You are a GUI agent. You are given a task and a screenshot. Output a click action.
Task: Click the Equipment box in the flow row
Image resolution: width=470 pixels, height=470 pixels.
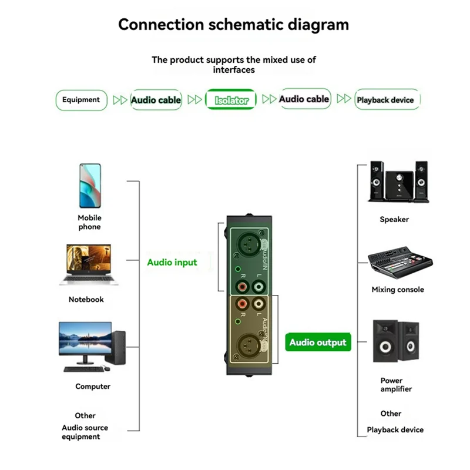tap(81, 100)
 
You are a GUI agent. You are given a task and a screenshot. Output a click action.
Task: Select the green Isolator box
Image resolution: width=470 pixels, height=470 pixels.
tap(231, 100)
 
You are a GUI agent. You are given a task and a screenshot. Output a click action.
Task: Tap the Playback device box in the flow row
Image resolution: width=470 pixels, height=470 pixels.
tap(385, 100)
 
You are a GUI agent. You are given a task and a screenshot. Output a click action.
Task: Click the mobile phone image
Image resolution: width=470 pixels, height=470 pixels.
tap(90, 185)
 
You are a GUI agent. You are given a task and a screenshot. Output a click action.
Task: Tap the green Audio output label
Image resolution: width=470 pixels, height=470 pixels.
tap(318, 343)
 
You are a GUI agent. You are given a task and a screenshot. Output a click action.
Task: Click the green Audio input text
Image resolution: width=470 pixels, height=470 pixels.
tap(172, 262)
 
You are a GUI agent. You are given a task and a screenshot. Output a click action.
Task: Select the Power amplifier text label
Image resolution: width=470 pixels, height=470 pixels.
tap(396, 385)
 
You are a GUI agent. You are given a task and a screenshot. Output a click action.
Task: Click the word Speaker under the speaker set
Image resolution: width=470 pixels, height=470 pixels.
tap(394, 219)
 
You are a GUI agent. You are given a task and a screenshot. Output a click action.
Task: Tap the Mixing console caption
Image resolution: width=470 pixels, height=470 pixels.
tap(398, 290)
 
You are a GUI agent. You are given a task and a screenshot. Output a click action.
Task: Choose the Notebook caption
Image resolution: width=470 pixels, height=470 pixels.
tap(86, 299)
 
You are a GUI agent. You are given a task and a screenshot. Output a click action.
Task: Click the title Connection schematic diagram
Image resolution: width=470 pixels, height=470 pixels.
tap(233, 25)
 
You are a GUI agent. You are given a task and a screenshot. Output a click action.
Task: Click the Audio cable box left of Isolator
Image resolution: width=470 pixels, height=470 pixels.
tap(156, 100)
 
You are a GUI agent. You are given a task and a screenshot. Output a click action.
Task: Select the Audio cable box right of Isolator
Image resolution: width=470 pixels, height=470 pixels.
tap(304, 99)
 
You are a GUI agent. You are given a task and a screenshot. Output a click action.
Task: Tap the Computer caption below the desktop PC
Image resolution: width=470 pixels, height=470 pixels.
tap(93, 387)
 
